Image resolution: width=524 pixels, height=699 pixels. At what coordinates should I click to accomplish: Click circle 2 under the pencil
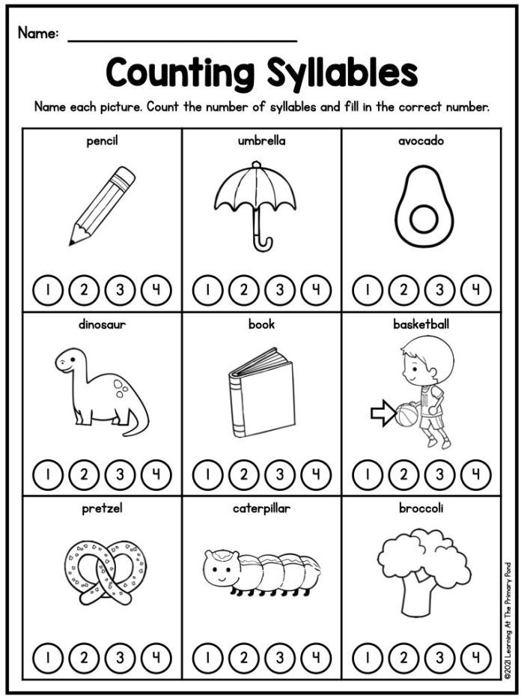click(x=84, y=290)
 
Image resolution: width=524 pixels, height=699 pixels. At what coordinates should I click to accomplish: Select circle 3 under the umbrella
click(x=280, y=290)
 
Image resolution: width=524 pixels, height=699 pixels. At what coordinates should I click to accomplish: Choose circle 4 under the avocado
click(x=476, y=290)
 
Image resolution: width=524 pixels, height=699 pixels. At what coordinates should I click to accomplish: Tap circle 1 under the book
click(x=207, y=474)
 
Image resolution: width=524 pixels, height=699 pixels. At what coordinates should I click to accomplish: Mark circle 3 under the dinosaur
click(x=120, y=474)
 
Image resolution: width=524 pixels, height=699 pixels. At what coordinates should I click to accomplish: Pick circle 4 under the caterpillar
click(x=316, y=658)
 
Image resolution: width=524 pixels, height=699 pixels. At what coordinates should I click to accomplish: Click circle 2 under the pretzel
click(x=84, y=658)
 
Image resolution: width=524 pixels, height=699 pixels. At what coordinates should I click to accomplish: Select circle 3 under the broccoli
click(x=440, y=658)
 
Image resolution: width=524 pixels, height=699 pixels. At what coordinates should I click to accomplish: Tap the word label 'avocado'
click(x=421, y=141)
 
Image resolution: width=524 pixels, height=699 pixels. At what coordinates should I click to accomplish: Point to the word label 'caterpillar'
click(x=261, y=508)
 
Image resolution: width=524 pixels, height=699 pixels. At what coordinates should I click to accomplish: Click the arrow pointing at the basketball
click(x=383, y=414)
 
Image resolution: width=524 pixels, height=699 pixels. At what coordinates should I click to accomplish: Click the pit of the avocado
click(x=424, y=220)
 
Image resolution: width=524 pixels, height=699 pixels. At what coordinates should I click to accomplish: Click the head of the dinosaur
click(x=70, y=360)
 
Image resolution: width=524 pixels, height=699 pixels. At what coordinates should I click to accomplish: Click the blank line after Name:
click(x=182, y=41)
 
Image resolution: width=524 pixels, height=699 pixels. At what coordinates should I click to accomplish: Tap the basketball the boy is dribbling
click(x=406, y=414)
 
